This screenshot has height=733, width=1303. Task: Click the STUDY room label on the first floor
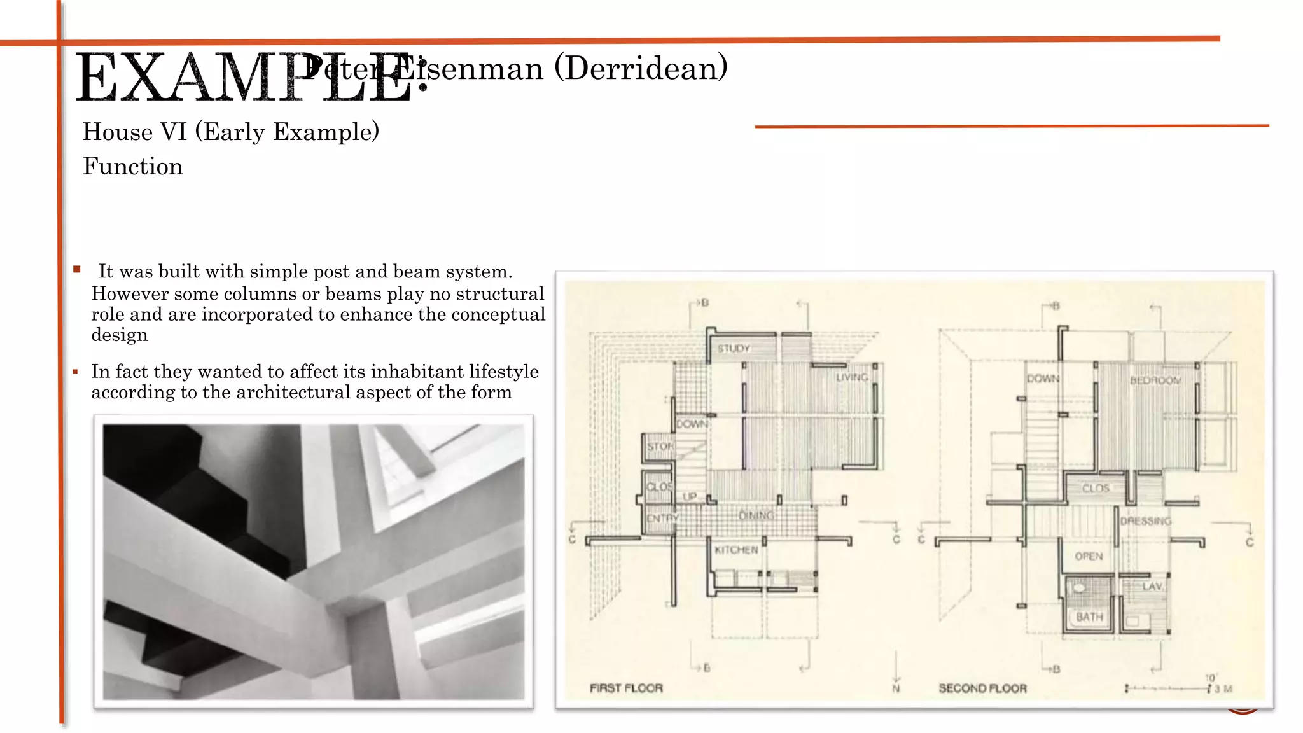point(734,349)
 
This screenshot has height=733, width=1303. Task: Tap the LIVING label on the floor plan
point(852,377)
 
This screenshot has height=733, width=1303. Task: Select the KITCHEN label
point(736,550)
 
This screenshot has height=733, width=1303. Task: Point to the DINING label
point(756,515)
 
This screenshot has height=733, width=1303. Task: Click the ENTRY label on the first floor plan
point(662,519)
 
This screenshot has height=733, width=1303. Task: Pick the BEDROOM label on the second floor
point(1155,380)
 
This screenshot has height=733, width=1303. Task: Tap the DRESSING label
point(1146,521)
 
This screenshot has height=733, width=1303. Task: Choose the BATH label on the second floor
point(1089,617)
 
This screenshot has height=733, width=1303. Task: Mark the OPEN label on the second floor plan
point(1089,557)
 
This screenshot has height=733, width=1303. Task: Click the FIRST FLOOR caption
point(626,688)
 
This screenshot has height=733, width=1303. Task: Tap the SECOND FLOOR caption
point(982,688)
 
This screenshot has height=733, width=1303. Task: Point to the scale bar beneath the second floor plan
point(1167,688)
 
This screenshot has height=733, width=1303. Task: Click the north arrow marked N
point(896,674)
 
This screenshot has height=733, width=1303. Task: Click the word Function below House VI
point(133,167)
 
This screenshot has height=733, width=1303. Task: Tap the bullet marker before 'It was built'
point(77,269)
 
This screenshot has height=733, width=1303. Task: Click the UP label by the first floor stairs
point(690,496)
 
